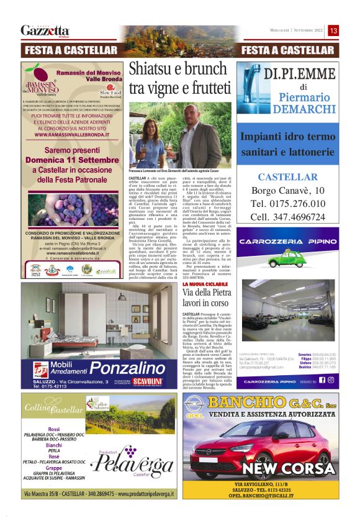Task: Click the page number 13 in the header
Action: pyautogui.click(x=333, y=30)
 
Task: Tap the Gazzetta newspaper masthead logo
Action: pyautogui.click(x=45, y=30)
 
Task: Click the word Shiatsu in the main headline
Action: pyautogui.click(x=153, y=71)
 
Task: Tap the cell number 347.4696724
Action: pyautogui.click(x=295, y=217)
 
